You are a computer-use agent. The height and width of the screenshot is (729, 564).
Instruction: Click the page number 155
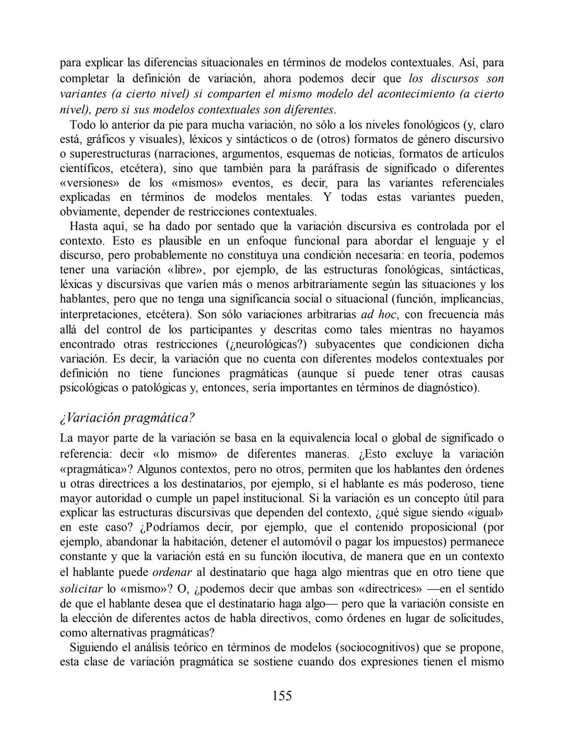click(x=281, y=696)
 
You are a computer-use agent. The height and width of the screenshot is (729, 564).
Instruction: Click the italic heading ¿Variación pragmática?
click(x=127, y=418)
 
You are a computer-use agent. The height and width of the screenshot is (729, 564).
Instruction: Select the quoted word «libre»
click(x=186, y=270)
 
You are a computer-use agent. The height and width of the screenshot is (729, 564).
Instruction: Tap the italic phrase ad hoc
click(x=378, y=315)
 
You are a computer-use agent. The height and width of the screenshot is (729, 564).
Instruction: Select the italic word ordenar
click(x=172, y=572)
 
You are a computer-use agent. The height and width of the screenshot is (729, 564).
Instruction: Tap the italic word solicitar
click(x=81, y=589)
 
